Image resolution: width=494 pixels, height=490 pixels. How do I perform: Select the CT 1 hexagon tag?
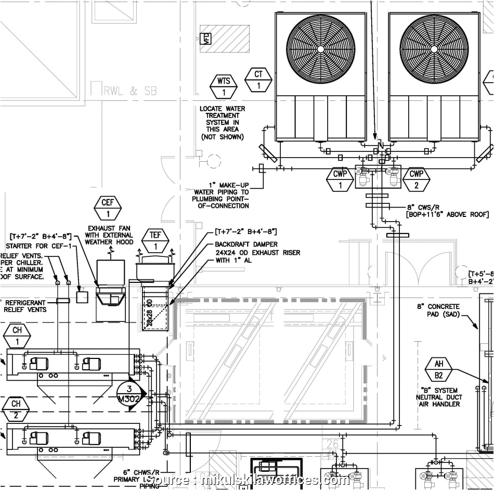(x=258, y=80)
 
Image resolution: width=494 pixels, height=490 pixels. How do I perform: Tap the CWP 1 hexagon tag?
(x=340, y=179)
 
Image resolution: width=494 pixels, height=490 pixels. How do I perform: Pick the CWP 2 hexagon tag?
(x=417, y=179)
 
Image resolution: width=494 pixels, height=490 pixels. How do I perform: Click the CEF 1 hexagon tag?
(x=108, y=208)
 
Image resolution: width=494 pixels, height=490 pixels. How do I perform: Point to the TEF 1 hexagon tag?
(x=155, y=240)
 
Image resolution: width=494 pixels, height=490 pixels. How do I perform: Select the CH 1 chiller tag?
(x=17, y=336)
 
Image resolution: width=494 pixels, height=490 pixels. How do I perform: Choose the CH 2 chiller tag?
(x=17, y=409)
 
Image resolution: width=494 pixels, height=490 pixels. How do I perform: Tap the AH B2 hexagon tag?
(x=439, y=370)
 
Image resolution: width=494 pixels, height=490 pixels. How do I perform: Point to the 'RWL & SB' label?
(x=129, y=91)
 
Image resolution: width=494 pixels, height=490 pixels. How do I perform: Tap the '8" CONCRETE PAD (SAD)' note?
(x=438, y=311)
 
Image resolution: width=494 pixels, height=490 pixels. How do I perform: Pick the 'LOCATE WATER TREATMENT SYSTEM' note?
(x=223, y=123)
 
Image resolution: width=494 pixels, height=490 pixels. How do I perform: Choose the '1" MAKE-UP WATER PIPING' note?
(x=221, y=192)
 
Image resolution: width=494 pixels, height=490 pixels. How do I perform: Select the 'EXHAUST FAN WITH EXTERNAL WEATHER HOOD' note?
(x=109, y=235)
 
